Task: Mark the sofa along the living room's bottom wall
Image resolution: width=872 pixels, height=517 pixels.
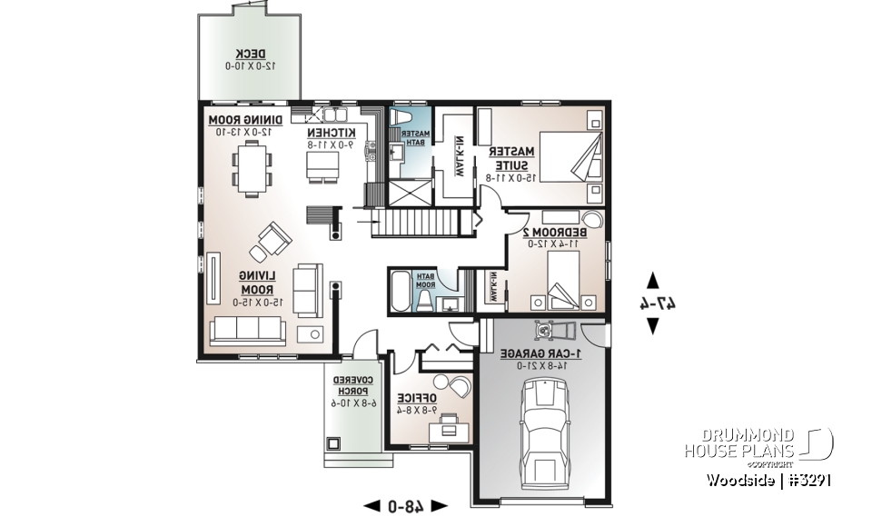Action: pos(248,333)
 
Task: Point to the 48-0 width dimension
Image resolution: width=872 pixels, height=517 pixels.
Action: pos(405,504)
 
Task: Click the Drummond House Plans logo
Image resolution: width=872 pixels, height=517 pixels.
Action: pos(758,444)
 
